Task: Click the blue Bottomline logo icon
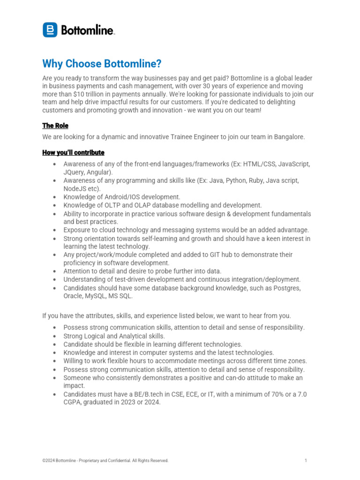tap(50, 30)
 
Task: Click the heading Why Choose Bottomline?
tap(102, 63)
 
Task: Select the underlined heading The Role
tap(55, 126)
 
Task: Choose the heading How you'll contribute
tap(73, 153)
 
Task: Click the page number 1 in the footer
tap(306, 461)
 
